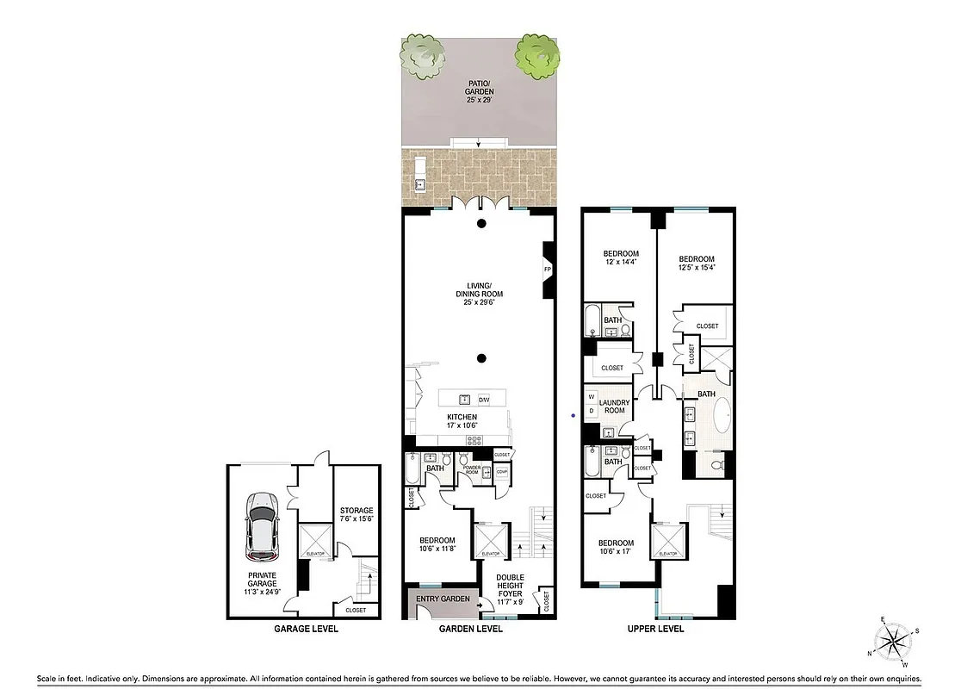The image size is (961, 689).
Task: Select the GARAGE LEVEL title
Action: pos(306,629)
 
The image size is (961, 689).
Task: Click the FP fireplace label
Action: pos(547,270)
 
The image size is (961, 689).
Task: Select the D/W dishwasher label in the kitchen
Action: pos(484,399)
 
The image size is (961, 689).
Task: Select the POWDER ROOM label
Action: pos(471,471)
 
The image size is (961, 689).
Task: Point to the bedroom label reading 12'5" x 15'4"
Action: pos(696,264)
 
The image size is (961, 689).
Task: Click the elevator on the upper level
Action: pos(668,541)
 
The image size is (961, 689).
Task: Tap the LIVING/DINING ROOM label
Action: pos(480,290)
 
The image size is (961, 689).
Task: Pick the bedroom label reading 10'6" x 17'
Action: pos(617,548)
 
